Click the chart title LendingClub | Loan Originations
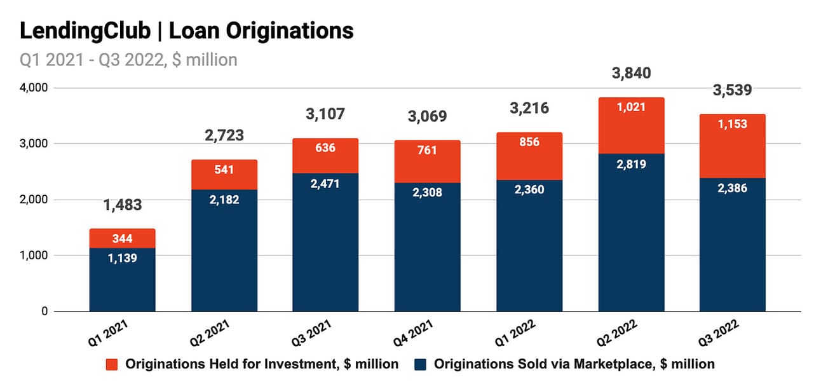(187, 31)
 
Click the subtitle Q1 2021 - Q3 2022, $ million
(128, 60)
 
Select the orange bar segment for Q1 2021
(122, 238)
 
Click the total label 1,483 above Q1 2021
(122, 205)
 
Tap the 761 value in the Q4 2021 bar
(427, 151)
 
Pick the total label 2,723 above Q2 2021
(224, 135)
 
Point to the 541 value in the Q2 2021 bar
(224, 170)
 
